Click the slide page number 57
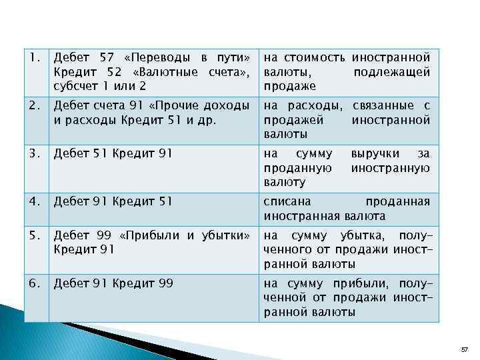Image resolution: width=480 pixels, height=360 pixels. tap(465, 349)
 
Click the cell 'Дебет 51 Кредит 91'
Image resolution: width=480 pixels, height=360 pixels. tap(113, 153)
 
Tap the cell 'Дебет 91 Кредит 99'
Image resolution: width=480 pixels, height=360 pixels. tap(113, 283)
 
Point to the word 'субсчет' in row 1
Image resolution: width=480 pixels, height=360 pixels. tap(75, 86)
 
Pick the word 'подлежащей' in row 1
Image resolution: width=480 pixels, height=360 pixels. tap(391, 72)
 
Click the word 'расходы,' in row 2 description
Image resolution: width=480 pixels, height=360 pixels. tap(322, 105)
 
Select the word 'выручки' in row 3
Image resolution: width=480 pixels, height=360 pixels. tap(375, 153)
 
